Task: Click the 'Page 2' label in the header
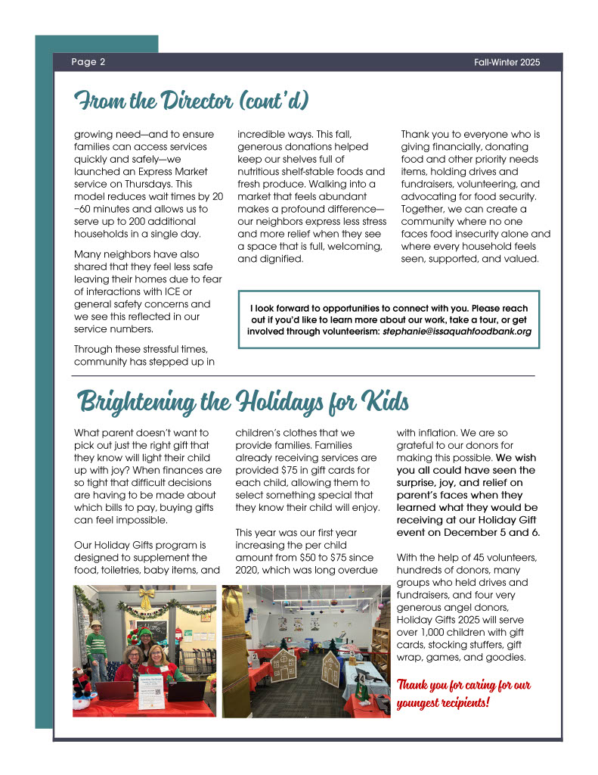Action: (x=88, y=62)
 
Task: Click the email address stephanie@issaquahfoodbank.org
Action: (x=457, y=331)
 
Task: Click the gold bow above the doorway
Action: (x=146, y=597)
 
